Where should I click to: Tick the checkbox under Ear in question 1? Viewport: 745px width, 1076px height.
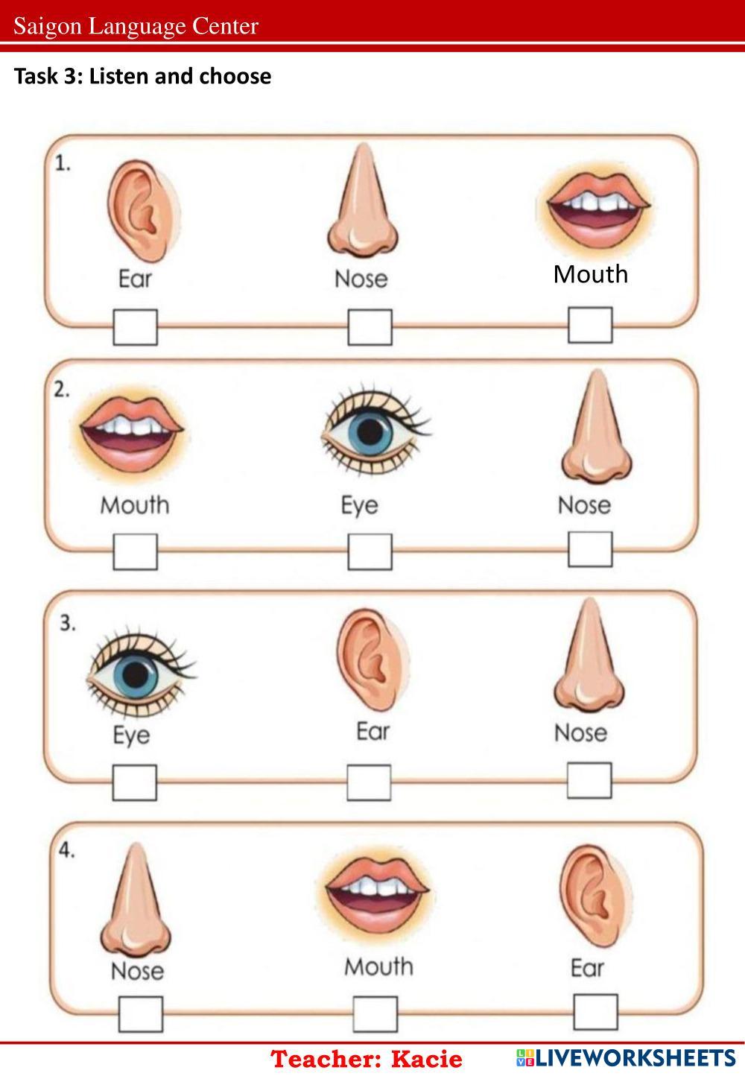tap(136, 327)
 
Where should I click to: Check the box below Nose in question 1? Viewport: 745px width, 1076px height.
tap(370, 327)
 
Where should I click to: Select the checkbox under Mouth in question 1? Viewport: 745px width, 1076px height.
tap(590, 325)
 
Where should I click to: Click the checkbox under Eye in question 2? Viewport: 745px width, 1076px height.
tap(370, 552)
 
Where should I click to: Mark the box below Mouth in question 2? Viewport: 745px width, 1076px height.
tap(136, 552)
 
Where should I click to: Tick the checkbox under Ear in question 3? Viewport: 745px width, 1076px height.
tap(369, 782)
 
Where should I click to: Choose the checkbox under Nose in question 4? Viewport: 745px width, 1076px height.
tap(141, 1014)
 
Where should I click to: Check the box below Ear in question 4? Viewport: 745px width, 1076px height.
tap(595, 1012)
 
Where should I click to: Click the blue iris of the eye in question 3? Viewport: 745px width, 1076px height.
tap(136, 675)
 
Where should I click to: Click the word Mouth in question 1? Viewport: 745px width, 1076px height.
tap(590, 274)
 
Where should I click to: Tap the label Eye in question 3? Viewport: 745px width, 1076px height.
tap(131, 735)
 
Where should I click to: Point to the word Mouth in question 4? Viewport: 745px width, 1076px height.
tap(378, 966)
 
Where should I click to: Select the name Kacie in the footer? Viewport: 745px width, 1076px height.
tap(427, 1059)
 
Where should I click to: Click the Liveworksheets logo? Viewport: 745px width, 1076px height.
tap(625, 1057)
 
